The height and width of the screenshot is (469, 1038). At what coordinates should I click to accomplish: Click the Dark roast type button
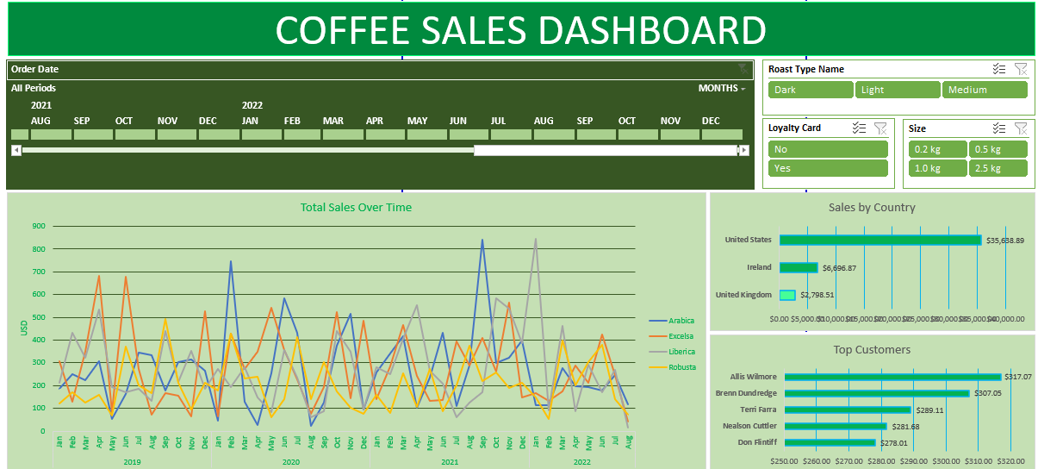tap(810, 90)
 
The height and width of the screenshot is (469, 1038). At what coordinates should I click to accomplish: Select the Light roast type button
tap(897, 90)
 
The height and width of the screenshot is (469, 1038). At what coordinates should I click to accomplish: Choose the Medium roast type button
tap(985, 90)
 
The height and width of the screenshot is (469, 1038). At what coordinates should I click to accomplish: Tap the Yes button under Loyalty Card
tap(827, 168)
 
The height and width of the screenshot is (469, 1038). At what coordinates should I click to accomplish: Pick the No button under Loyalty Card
tap(827, 149)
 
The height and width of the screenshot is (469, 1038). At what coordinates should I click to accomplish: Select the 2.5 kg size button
tap(998, 168)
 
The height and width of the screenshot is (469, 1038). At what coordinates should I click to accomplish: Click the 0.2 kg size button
tap(937, 149)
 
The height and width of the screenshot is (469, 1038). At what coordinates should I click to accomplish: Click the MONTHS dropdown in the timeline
tap(722, 88)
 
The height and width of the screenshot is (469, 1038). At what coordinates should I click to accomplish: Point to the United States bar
tap(880, 240)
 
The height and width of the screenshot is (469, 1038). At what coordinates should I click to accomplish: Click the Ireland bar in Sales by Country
tap(798, 268)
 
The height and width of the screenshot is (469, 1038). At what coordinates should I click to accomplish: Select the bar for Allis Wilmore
tap(892, 377)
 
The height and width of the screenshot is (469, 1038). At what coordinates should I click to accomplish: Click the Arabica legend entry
tap(681, 321)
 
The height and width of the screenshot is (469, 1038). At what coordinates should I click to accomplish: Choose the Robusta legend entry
tap(681, 367)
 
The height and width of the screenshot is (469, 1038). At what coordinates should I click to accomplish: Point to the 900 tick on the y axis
tap(39, 227)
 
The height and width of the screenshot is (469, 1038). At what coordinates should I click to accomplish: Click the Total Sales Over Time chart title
tap(356, 207)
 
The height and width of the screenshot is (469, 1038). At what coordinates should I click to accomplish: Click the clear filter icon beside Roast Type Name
tap(1021, 69)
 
